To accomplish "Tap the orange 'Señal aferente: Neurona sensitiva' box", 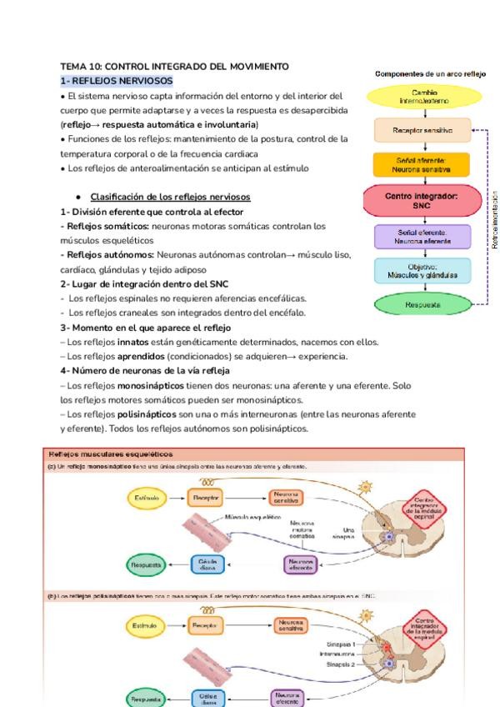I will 425,163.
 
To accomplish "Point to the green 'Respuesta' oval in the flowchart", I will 425,304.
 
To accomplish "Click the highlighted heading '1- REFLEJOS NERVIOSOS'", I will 117,80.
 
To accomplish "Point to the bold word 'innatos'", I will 133,341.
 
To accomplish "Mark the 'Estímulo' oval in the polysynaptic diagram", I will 143,624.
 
